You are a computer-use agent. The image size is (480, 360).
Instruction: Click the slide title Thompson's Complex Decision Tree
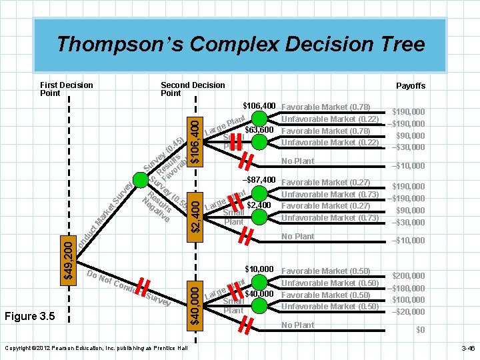click(x=240, y=44)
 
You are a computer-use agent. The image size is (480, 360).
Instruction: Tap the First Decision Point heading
click(x=67, y=89)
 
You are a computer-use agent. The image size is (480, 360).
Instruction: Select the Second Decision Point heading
click(x=193, y=89)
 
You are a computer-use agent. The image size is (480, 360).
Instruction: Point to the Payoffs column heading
click(x=411, y=86)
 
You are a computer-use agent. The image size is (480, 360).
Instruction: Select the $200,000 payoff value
click(x=409, y=275)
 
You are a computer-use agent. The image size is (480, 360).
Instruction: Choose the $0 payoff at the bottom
click(x=420, y=330)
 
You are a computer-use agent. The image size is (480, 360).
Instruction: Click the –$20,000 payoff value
click(x=409, y=312)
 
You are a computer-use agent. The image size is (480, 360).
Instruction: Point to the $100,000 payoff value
click(x=409, y=300)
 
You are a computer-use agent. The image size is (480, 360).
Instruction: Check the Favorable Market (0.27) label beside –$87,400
click(x=326, y=183)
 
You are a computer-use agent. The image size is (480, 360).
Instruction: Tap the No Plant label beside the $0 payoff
click(x=298, y=325)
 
